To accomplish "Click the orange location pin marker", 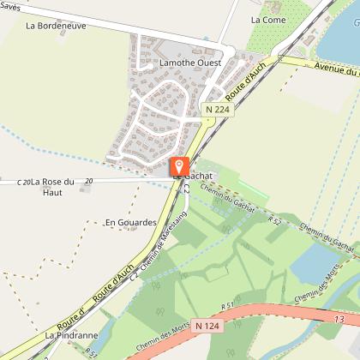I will [179, 166].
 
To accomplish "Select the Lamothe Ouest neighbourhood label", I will [190, 63].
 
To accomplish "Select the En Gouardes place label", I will [130, 223].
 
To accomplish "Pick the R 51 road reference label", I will [226, 304].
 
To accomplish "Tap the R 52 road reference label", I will [274, 221].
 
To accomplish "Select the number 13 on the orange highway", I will [343, 320].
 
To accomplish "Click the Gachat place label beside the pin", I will [200, 175].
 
